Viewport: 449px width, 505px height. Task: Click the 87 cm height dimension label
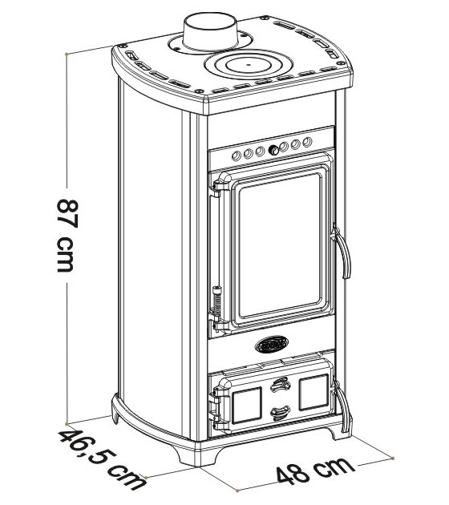(x=68, y=236)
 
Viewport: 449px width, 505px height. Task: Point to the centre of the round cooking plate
(x=248, y=65)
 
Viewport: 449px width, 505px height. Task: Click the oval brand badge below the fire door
(x=272, y=344)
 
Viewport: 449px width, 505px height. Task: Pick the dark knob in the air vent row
(x=273, y=149)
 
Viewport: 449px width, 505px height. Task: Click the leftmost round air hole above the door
(x=237, y=156)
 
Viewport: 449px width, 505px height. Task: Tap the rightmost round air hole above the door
(x=308, y=141)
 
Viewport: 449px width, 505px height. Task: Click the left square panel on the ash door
(x=246, y=405)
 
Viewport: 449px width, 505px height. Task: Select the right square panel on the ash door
(x=314, y=392)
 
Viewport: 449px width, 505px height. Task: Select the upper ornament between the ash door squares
(x=280, y=384)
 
